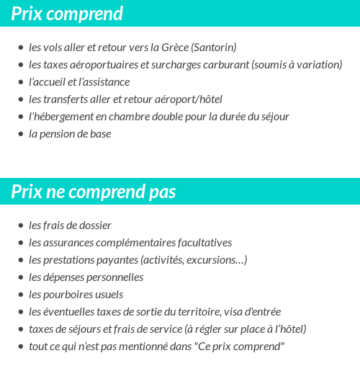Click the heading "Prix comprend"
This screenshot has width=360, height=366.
(x=67, y=14)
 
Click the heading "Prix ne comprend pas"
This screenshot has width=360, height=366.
(x=94, y=192)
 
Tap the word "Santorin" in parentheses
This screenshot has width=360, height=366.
(x=213, y=48)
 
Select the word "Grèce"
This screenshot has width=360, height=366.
(x=173, y=48)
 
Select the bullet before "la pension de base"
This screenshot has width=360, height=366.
(x=21, y=134)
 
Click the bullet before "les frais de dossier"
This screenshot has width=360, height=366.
(x=21, y=226)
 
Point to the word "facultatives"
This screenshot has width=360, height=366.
(x=202, y=243)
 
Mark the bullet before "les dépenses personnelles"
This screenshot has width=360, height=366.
(x=21, y=277)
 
